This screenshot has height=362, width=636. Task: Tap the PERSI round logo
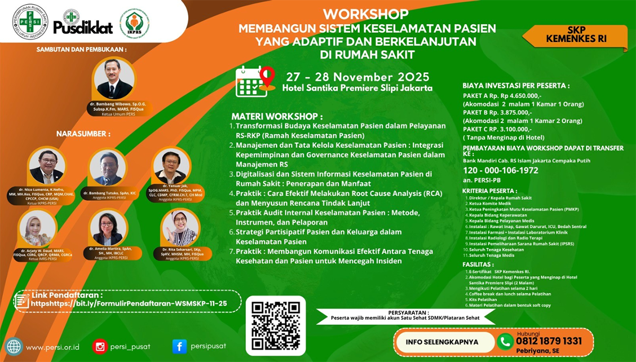click(30, 22)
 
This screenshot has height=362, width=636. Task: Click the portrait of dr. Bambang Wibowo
click(114, 80)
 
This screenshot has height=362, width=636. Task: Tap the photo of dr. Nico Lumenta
click(47, 167)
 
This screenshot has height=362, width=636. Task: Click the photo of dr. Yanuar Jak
click(170, 166)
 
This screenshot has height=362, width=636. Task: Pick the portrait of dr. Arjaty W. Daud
click(38, 228)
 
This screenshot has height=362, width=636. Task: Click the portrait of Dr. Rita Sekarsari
click(180, 228)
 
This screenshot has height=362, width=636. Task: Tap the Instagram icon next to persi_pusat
click(100, 346)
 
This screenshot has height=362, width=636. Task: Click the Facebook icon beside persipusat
click(179, 346)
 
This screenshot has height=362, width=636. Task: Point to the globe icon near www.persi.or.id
click(14, 346)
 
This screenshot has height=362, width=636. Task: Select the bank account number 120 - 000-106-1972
click(500, 171)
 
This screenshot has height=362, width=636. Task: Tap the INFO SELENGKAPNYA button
click(441, 342)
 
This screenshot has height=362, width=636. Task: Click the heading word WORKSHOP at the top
click(366, 14)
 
